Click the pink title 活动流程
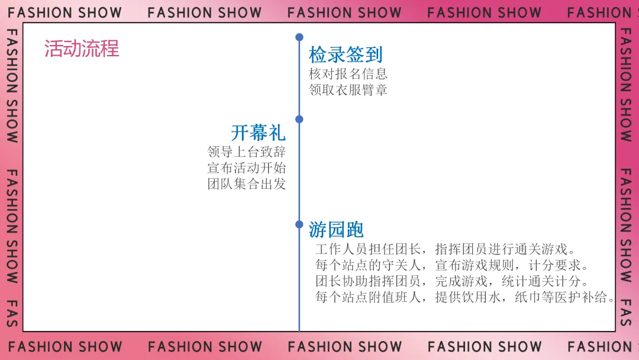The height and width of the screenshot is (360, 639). [82, 49]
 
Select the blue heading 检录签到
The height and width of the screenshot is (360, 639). [346, 55]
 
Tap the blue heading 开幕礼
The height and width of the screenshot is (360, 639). [258, 132]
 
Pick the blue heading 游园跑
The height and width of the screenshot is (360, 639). [336, 229]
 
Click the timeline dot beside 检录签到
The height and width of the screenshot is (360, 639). [299, 37]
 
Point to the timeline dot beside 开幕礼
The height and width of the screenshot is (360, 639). [299, 119]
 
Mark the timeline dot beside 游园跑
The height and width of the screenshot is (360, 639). [299, 224]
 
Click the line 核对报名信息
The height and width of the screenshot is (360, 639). [348, 74]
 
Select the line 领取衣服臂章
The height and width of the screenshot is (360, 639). [348, 90]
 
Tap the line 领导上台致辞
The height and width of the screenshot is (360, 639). [247, 152]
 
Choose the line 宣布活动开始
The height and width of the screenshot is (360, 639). [247, 168]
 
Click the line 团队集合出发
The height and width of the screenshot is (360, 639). [247, 184]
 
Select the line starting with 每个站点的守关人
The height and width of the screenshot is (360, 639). [452, 265]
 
